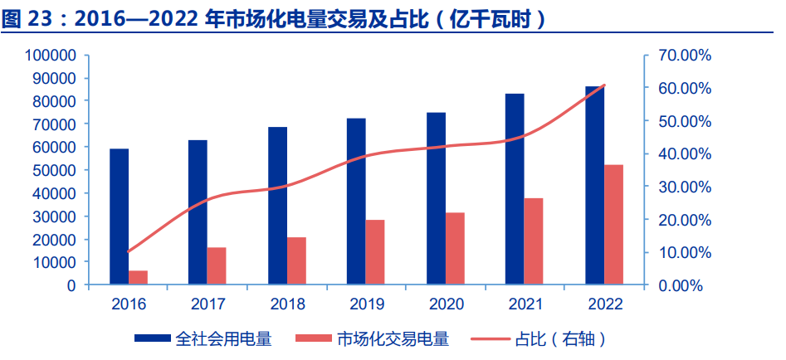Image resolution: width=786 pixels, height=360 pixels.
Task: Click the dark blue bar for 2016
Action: [120, 216]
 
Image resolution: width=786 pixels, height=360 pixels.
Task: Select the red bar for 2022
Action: [613, 225]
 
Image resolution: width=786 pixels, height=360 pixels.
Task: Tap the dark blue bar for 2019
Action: [356, 202]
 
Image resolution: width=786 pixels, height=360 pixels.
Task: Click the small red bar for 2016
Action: [139, 277]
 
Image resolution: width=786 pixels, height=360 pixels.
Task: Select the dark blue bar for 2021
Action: [515, 189]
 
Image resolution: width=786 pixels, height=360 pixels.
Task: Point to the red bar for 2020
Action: [455, 248]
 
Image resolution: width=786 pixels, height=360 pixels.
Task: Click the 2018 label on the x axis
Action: [287, 304]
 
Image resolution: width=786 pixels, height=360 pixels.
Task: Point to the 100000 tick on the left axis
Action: [51, 56]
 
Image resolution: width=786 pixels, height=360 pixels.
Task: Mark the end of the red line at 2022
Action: [604, 85]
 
